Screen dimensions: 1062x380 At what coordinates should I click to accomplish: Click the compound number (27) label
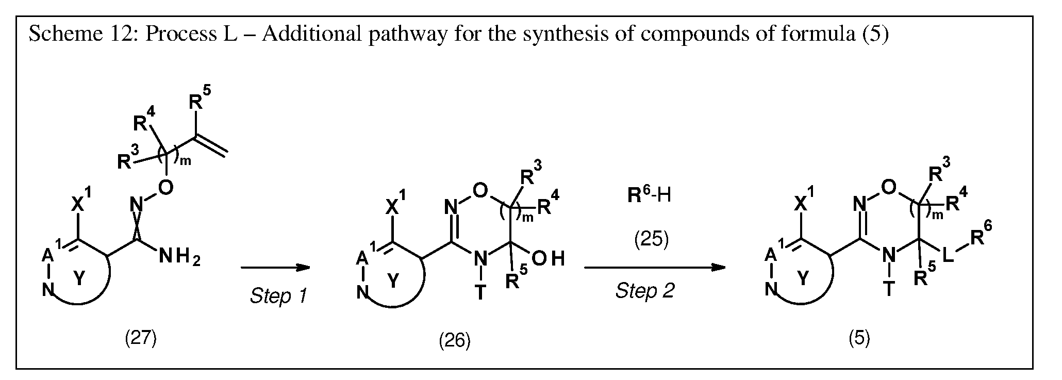coord(141,338)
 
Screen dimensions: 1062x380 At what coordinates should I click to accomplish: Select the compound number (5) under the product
coord(859,338)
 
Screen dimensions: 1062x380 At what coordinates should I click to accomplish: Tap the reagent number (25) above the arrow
coord(652,240)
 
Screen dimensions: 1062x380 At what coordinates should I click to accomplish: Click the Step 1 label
coord(278,296)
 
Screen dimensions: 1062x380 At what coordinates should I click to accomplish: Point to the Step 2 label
coord(645,291)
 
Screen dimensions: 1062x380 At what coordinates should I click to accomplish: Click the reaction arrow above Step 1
coord(275,268)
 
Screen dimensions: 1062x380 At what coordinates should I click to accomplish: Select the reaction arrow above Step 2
coord(655,268)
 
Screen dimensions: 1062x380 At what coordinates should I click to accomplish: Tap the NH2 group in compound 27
coord(179,256)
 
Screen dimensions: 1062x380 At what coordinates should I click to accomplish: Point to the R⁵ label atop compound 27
coord(200,98)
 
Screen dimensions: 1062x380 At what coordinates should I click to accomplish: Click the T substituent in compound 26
coord(479,292)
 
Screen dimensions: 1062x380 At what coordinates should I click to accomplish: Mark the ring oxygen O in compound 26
coord(480,191)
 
